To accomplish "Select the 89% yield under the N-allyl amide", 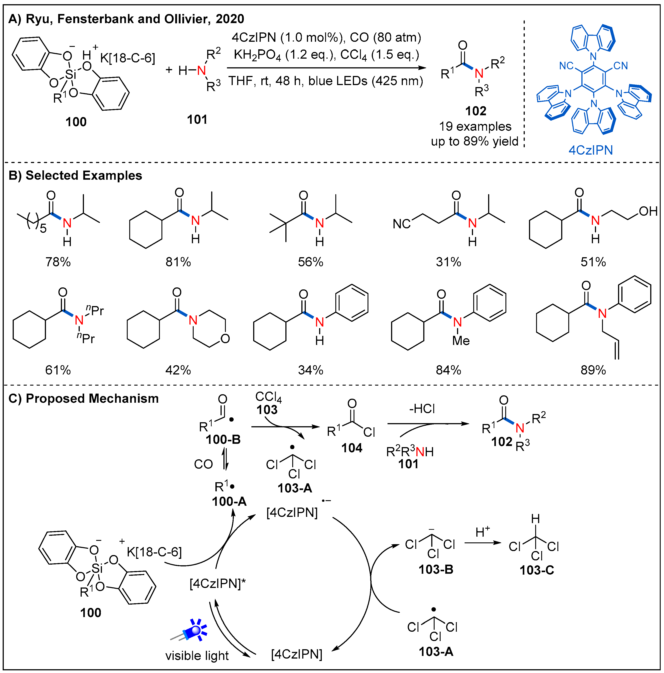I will [x=593, y=370].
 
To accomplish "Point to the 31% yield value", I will [x=448, y=262].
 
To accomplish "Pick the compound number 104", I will [x=352, y=448].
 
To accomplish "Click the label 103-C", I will [x=537, y=570].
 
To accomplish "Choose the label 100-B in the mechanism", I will [x=223, y=440].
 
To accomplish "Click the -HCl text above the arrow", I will [x=422, y=409].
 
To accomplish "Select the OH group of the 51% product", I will [x=648, y=211].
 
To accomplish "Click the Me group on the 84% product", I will [x=461, y=341].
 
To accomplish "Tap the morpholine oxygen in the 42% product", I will [x=225, y=338].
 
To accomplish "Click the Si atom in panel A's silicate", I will [x=70, y=74].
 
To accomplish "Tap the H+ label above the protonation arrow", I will [x=483, y=532].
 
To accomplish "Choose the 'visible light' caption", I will [x=197, y=656].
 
